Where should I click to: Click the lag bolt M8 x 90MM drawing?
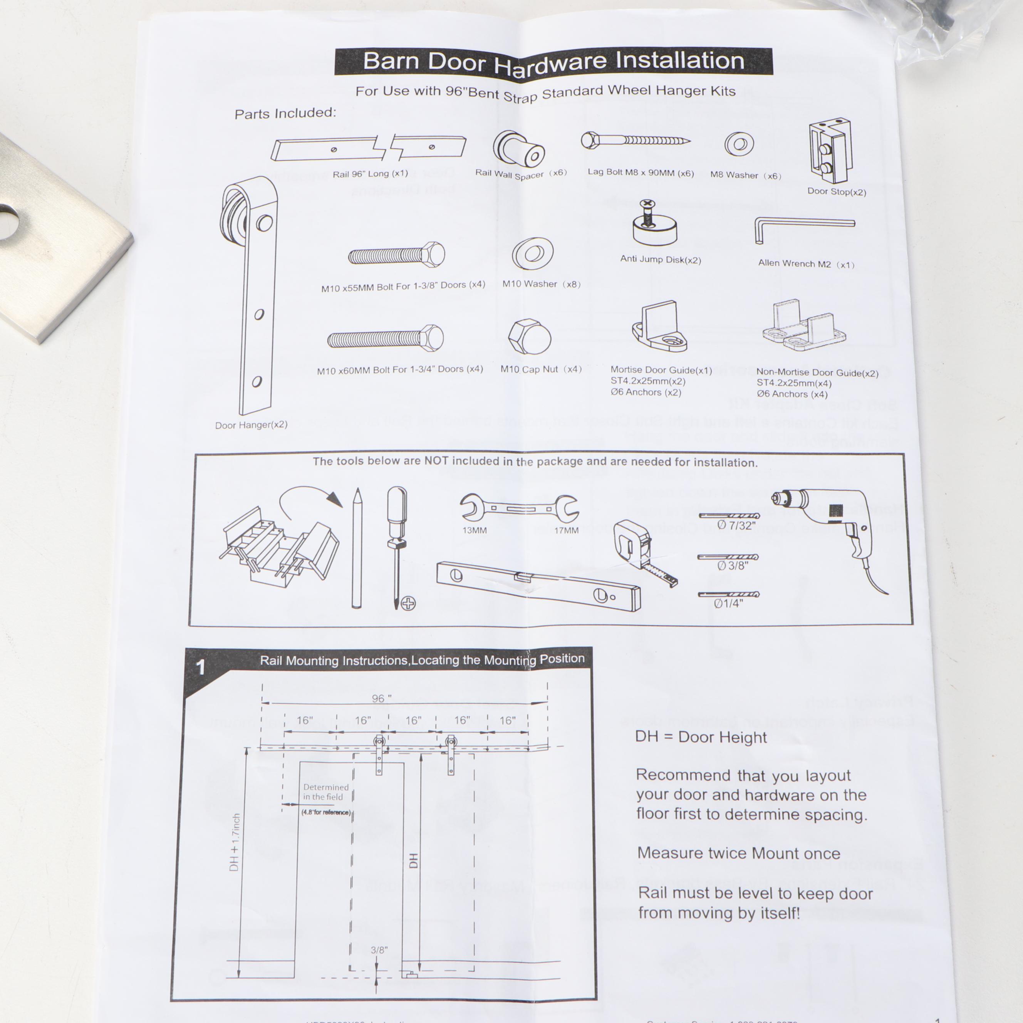(636, 140)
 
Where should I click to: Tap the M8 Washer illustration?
(739, 144)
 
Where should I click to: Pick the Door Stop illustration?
(829, 151)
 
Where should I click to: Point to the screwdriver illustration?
(397, 545)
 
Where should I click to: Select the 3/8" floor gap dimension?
(379, 950)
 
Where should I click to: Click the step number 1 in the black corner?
(201, 667)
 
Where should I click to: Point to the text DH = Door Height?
(701, 737)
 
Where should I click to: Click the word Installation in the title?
(679, 61)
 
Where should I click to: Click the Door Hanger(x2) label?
(251, 425)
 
